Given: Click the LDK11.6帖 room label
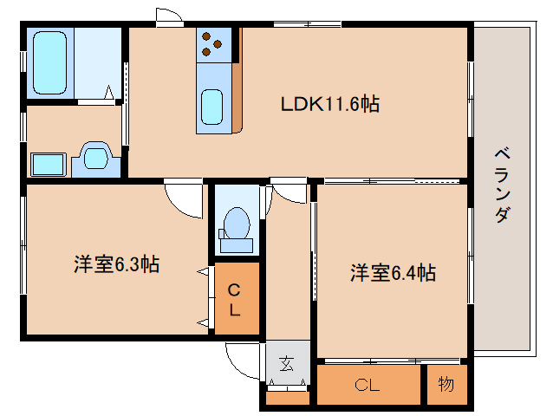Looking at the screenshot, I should point(330,105).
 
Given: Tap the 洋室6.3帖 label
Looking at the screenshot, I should point(115,265).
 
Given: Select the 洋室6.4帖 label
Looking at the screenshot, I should point(393,273).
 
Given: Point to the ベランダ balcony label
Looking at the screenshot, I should point(501,185).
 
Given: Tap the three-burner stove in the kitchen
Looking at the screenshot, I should point(215,43).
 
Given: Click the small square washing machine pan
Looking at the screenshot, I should point(49,164).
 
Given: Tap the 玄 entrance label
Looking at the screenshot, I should point(286,364).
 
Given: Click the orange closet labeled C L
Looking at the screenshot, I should point(236,299).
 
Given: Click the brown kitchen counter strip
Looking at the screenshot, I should point(237,95).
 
